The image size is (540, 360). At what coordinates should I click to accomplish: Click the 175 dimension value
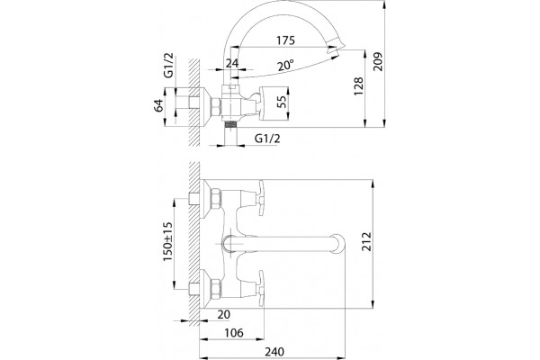point(286,40)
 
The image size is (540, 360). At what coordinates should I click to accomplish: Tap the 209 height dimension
point(378,62)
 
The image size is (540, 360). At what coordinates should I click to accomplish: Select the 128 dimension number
point(358,86)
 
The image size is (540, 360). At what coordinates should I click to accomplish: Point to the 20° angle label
point(286,65)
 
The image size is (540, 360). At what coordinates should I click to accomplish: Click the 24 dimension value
point(232,63)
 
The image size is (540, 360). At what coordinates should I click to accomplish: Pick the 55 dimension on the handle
point(282,102)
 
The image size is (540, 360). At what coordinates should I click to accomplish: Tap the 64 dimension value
point(158,105)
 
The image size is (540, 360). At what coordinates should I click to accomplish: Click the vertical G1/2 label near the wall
point(169,66)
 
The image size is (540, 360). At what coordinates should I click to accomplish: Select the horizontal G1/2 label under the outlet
point(267,139)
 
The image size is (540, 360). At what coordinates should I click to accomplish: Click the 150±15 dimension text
point(167,242)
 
